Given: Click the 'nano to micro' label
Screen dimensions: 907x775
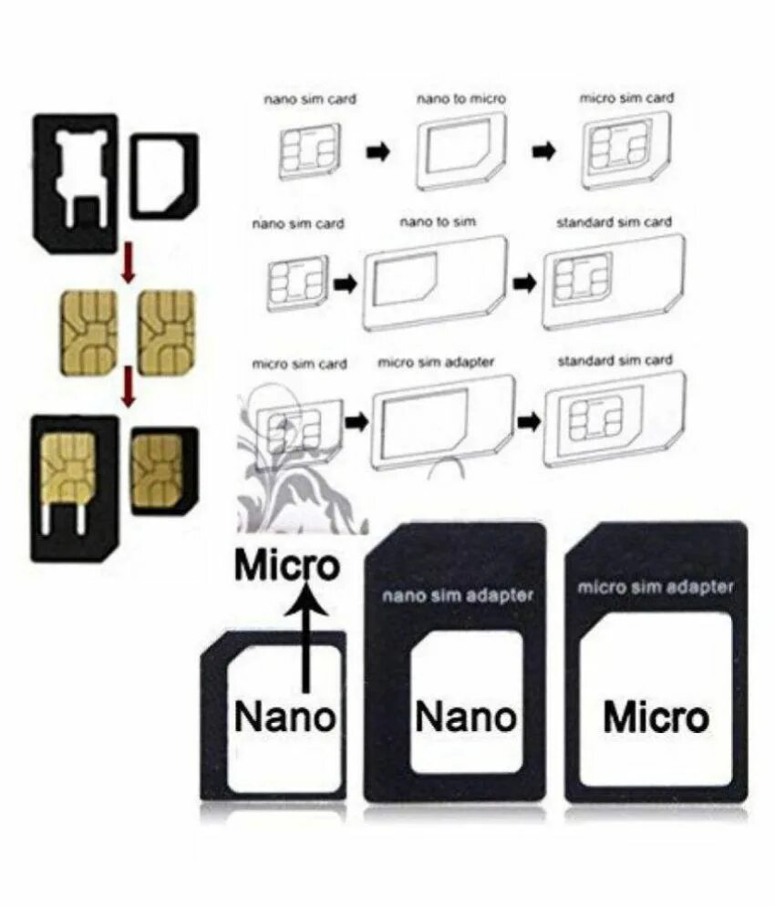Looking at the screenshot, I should coord(461,98).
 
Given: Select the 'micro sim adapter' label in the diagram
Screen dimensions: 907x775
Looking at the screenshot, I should coord(436,363).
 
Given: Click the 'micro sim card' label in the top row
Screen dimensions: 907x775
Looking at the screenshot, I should coord(626,98).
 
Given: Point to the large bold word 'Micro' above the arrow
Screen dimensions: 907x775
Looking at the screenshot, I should coord(287,566).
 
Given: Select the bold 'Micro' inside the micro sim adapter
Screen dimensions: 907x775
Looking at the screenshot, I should coord(656,717).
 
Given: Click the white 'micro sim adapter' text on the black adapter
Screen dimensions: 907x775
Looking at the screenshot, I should coord(655,587).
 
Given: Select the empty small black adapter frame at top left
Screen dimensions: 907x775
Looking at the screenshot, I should coord(164,176).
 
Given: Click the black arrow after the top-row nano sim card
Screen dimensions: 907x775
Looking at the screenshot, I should coord(377,152).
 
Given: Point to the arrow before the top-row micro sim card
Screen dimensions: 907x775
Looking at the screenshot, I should coord(544,151).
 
